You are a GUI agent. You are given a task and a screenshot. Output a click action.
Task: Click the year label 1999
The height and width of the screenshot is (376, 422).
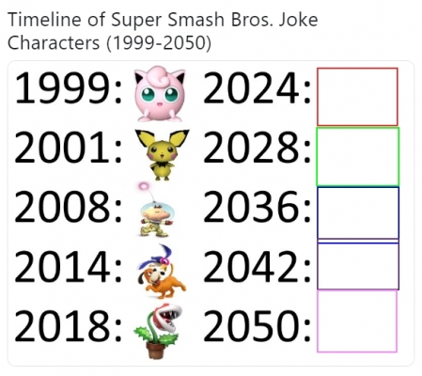[63, 88]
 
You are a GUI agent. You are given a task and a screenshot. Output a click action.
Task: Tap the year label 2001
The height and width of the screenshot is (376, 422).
[62, 148]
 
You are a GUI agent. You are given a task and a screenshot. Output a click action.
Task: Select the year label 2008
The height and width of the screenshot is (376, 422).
[63, 207]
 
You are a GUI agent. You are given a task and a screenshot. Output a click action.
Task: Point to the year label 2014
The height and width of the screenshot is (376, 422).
[63, 266]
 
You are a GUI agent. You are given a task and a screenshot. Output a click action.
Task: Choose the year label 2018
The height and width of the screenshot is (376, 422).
[63, 325]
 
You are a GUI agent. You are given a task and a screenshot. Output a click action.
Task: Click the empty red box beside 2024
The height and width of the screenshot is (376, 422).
[318, 97]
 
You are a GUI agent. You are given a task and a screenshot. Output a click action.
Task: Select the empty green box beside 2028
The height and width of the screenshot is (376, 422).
[317, 156]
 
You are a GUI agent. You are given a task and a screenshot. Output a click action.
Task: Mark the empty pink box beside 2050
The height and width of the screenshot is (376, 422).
[318, 321]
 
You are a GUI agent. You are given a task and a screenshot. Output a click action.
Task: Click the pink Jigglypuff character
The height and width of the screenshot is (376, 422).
[160, 94]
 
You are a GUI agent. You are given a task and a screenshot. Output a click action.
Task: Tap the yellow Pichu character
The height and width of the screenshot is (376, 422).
[162, 154]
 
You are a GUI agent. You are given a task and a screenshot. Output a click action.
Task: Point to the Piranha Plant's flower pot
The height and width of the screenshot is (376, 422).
[155, 350]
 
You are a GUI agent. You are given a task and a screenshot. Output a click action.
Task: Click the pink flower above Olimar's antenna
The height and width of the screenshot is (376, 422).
[144, 186]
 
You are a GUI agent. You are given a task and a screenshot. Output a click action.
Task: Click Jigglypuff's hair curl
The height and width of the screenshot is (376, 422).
[159, 75]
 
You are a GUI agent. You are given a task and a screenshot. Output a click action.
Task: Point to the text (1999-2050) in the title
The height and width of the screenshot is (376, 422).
[159, 43]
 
